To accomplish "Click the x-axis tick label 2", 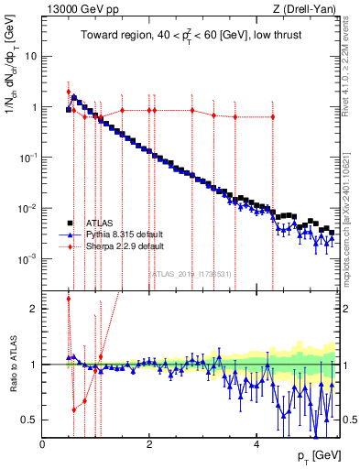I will (149, 444).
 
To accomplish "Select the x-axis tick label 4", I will (256, 444).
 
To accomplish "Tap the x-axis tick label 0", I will (43, 444).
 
